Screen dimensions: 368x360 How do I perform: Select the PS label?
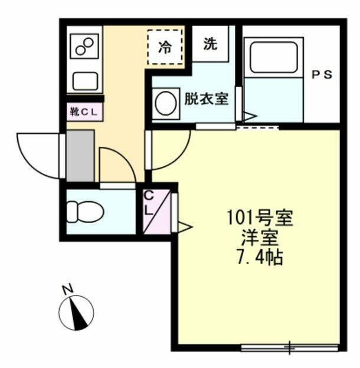(322, 75)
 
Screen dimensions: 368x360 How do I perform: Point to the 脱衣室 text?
(206, 98)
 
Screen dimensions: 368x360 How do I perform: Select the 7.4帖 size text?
(260, 258)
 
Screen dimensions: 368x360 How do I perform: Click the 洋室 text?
(260, 239)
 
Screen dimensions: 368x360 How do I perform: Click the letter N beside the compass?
(67, 288)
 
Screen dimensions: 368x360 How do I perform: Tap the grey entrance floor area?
(80, 156)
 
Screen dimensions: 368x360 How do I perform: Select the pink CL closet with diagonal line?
(156, 209)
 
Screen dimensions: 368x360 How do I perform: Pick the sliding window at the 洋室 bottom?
(289, 347)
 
